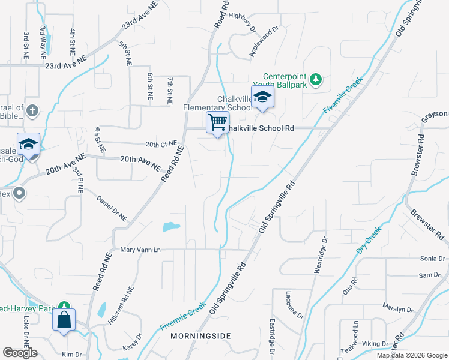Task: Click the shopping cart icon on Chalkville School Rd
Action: click(217, 122)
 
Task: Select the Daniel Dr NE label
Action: click(112, 207)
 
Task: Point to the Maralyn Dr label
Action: click(399, 310)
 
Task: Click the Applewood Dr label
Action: click(265, 40)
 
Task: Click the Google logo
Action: click(20, 353)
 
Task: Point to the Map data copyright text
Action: click(412, 355)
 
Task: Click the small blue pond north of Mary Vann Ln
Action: click(170, 227)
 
